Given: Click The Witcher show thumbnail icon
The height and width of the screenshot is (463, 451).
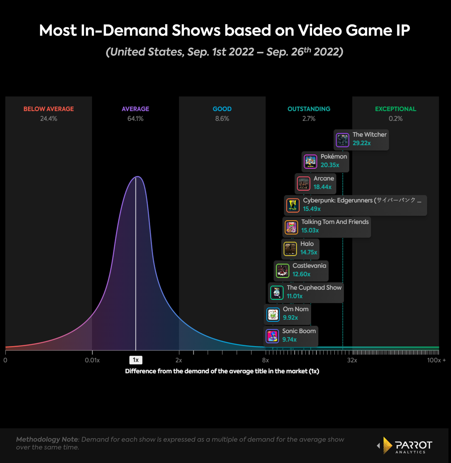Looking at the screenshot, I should point(342,140).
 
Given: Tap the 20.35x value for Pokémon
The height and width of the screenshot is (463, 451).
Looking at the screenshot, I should point(330,165).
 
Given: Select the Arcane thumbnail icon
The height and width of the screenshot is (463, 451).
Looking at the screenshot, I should point(304,184).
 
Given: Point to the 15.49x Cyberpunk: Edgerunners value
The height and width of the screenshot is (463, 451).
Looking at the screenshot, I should point(312,209).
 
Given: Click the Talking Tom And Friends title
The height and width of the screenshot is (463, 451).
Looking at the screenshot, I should point(335,222).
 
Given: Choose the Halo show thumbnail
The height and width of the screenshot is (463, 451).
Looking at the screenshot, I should point(290,249).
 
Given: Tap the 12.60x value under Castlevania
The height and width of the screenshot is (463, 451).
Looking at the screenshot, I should point(301,274).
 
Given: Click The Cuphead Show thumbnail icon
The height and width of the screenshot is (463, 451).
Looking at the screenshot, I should point(277,293).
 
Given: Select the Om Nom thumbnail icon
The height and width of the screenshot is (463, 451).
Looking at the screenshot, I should point(273,314).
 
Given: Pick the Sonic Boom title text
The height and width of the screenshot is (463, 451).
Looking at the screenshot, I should point(299,331).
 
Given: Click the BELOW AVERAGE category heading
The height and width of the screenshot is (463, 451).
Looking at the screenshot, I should point(48,109).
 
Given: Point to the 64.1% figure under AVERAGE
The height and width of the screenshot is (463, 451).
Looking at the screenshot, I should point(135,119).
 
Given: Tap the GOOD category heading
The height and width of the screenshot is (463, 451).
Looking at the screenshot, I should point(222,109).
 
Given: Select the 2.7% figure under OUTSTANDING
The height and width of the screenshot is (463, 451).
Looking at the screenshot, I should point(309,119).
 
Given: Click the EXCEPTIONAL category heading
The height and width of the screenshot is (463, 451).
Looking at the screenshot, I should point(395,109).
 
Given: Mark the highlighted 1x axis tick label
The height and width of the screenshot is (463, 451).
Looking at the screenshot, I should point(136,360).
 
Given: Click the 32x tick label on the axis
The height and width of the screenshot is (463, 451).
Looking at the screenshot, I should point(352,360).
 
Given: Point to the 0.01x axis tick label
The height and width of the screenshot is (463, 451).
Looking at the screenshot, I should point(92,360).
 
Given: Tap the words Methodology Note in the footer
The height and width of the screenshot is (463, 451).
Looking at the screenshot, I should point(47,440).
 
